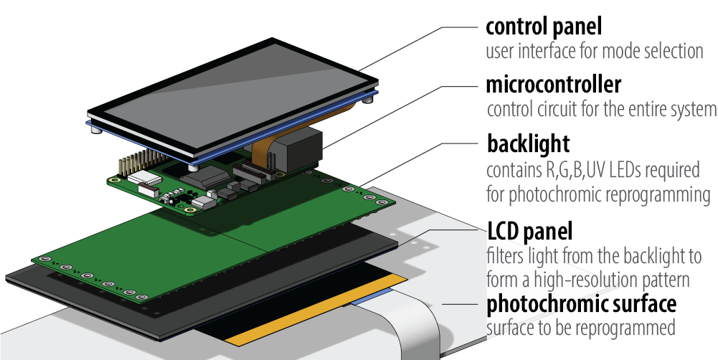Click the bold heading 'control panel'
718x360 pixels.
[543, 27]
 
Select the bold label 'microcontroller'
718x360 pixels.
[553, 85]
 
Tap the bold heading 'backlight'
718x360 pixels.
[528, 143]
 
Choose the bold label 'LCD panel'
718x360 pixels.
[529, 232]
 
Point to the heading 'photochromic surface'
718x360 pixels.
[581, 304]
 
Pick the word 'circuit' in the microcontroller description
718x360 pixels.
[557, 110]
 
